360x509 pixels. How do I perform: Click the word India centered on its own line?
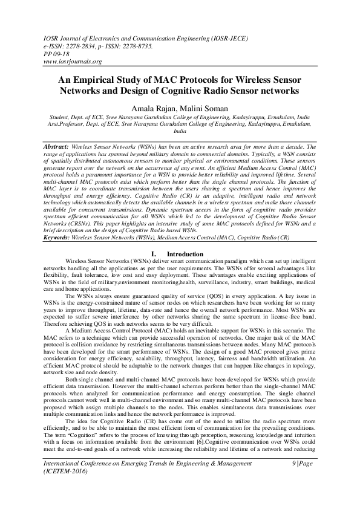tap(180, 130)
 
